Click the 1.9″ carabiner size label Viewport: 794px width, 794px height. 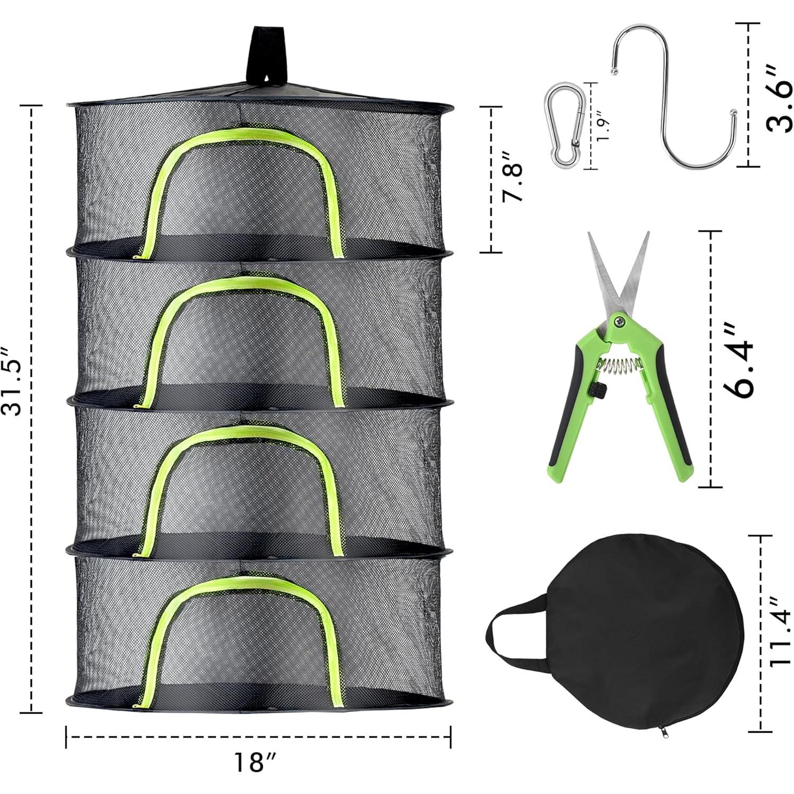(602, 125)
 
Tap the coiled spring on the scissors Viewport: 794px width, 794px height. (617, 365)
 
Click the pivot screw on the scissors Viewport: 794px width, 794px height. (618, 319)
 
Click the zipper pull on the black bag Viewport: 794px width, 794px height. (662, 733)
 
